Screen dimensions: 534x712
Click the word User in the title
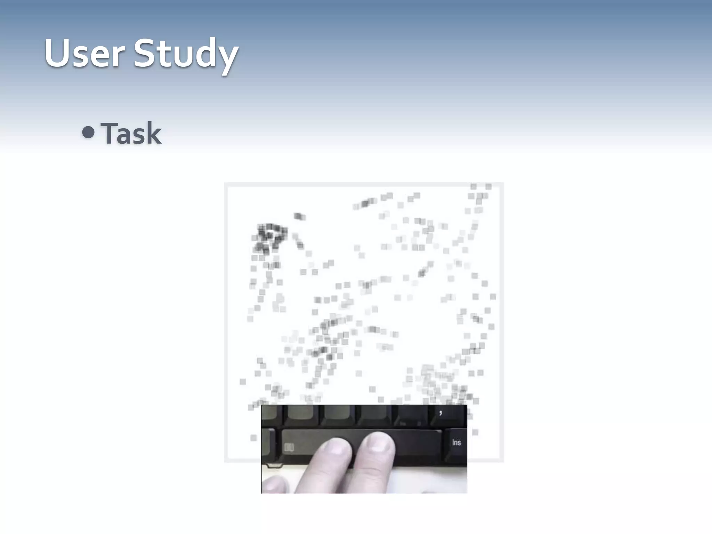84,54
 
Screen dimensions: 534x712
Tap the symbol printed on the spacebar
289,447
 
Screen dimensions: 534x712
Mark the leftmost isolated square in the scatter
243,382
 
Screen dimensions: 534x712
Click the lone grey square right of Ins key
475,432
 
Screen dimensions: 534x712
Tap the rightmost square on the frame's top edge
488,187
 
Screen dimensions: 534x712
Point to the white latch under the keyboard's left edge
273,465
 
